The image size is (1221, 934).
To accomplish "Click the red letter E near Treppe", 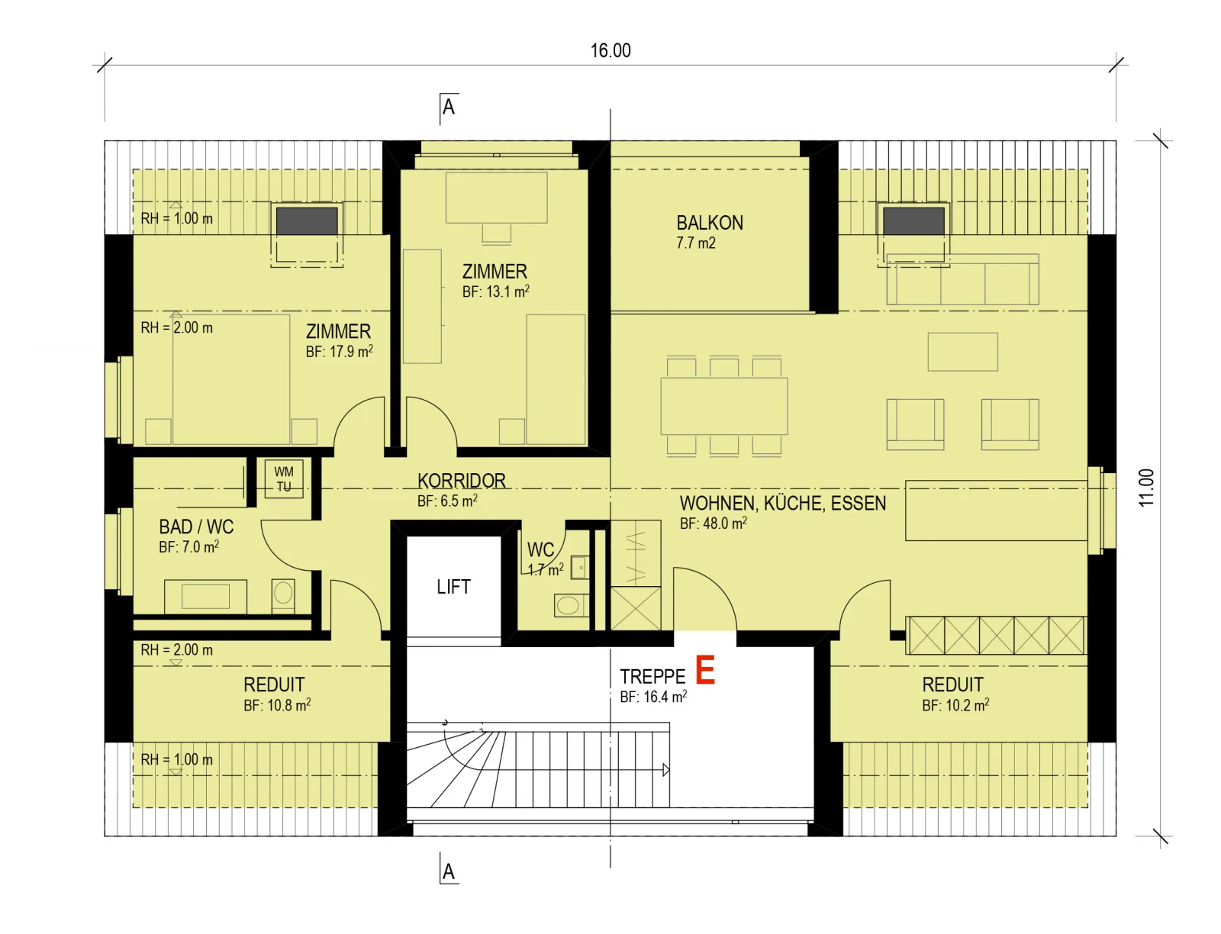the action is tap(705, 670).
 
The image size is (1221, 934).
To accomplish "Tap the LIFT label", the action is tap(453, 586).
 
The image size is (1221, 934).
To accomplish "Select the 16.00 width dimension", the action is tap(610, 50).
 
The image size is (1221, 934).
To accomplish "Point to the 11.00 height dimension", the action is tap(1146, 488).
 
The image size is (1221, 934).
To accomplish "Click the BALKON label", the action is tap(709, 223).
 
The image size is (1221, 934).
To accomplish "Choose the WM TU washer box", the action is tap(284, 478).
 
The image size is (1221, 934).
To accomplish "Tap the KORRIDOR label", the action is tap(461, 481).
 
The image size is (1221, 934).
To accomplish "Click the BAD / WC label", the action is tap(196, 527).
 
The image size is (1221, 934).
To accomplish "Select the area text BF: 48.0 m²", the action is tap(713, 523).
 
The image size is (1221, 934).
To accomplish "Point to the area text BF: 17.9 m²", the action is tap(340, 351).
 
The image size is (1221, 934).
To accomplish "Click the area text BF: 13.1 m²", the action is tap(495, 291).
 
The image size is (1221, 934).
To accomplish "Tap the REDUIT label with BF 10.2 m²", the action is tap(953, 684).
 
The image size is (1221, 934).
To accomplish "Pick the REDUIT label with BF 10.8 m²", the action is tap(274, 684).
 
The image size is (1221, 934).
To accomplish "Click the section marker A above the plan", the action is tap(449, 107).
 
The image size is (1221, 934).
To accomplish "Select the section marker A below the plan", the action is tap(449, 871).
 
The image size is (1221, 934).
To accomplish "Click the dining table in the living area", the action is tap(723, 406).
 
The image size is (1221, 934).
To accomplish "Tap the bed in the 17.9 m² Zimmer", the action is tap(231, 379).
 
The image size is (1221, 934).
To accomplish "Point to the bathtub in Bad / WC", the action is tap(205, 596).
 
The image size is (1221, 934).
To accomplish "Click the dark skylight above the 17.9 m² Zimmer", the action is tap(307, 221).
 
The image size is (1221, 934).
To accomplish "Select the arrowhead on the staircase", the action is tap(666, 770).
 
